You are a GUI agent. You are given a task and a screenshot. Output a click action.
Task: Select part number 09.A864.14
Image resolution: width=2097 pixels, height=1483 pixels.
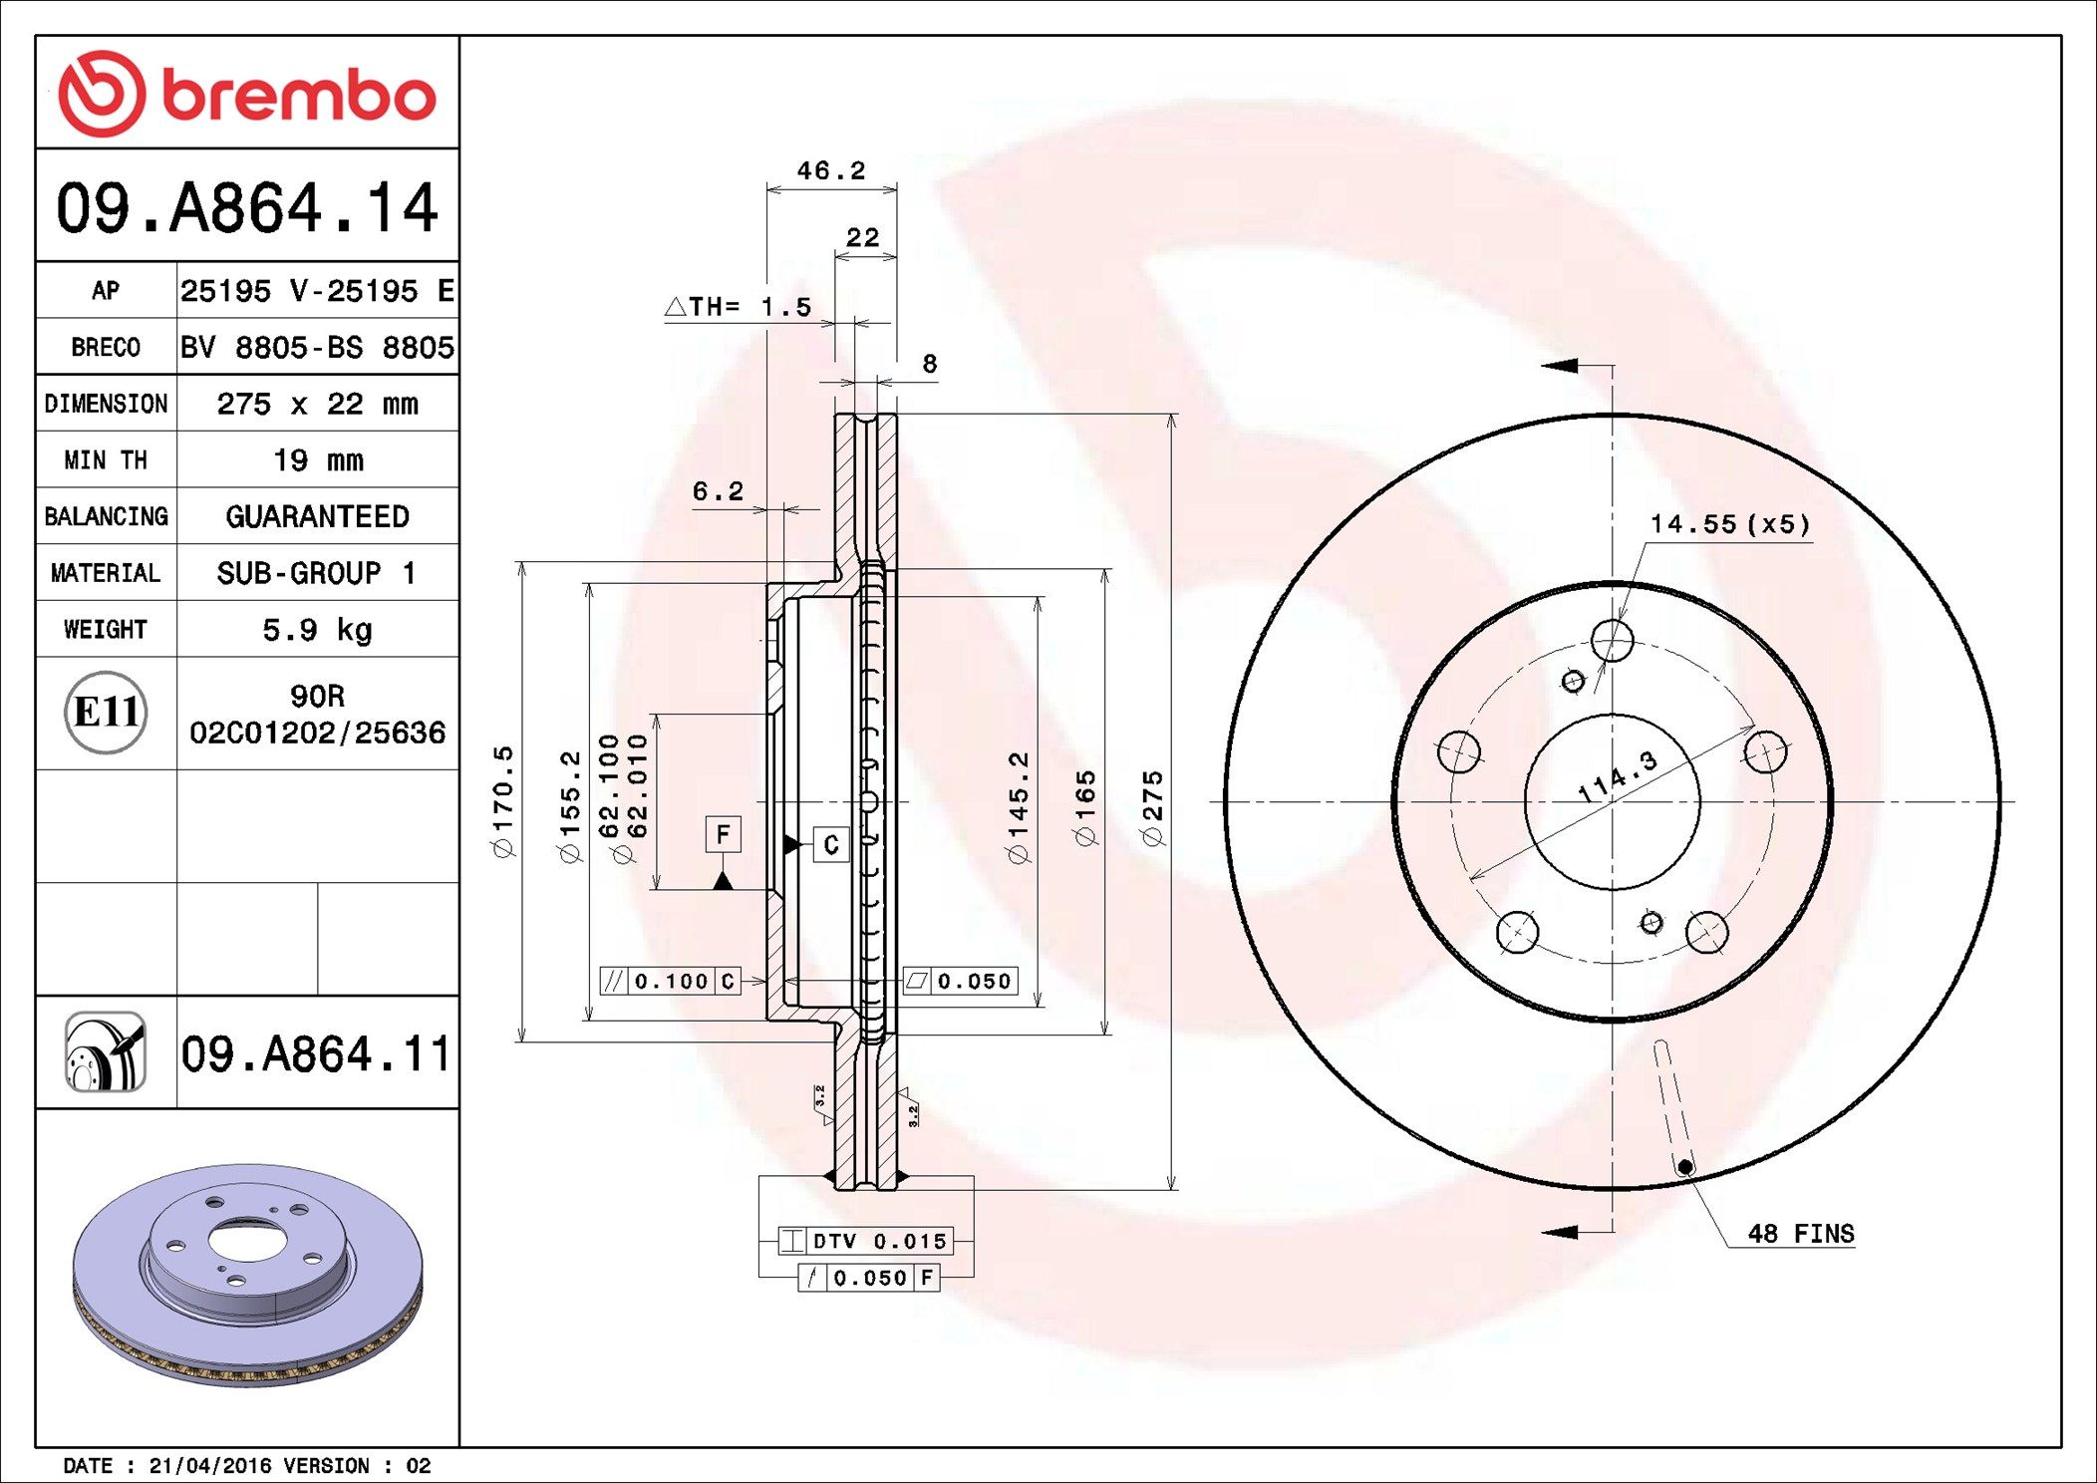[246, 208]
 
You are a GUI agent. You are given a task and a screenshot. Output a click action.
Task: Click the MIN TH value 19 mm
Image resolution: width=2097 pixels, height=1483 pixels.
[318, 460]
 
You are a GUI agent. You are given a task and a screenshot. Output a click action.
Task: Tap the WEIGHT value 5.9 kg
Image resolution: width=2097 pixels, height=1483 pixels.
[317, 630]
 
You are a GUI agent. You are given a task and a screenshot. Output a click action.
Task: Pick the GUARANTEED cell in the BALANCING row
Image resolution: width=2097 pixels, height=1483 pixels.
[317, 516]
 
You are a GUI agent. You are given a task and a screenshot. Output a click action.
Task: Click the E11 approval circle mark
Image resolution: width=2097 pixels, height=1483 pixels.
[106, 713]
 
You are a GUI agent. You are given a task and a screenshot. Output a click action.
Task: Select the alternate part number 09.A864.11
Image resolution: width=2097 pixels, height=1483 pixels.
[315, 1054]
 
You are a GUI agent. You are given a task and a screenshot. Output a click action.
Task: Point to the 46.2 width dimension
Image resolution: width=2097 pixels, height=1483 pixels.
[830, 171]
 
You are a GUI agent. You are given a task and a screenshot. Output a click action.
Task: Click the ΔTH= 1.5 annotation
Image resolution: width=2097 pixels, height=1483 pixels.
[739, 307]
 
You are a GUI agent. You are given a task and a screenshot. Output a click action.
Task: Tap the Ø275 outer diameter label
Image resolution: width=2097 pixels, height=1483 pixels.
[1152, 808]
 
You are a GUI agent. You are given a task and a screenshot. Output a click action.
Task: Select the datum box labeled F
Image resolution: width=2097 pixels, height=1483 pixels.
[723, 833]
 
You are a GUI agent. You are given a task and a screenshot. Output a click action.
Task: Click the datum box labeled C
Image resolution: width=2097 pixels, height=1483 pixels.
[830, 844]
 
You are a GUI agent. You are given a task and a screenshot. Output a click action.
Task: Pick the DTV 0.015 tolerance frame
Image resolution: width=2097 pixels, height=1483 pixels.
[865, 1241]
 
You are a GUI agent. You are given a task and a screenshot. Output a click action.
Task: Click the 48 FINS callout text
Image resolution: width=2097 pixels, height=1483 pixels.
[1800, 1234]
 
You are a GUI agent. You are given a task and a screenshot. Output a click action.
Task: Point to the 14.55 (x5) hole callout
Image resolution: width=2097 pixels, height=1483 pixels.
[1729, 524]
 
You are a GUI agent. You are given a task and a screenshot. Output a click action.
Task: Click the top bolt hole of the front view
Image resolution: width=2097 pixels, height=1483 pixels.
[1612, 640]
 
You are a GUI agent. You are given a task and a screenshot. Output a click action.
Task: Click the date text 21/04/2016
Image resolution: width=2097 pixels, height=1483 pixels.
[209, 1466]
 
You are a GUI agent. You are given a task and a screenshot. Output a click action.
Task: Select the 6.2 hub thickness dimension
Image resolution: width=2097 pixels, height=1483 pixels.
[718, 491]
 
